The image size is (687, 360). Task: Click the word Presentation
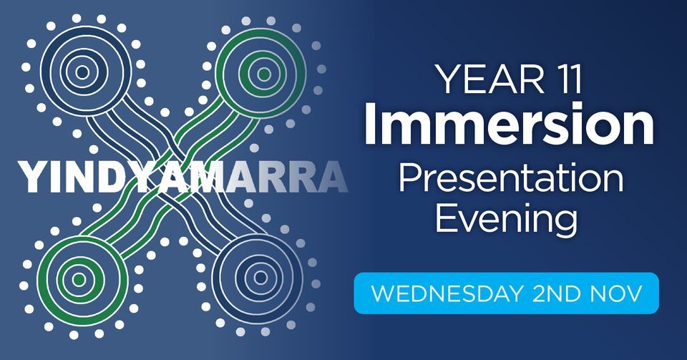pos(510,179)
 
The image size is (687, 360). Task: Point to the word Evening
pos(506,218)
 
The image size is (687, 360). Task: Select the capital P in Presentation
pos(409,179)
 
